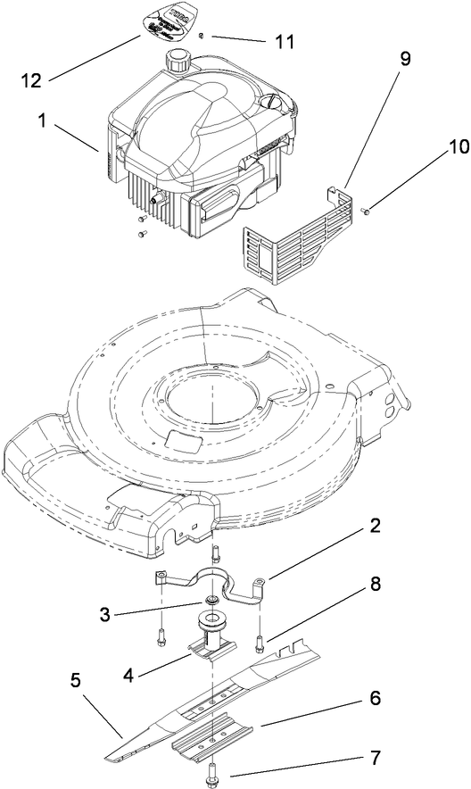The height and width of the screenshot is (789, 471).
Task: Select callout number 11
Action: (x=285, y=41)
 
